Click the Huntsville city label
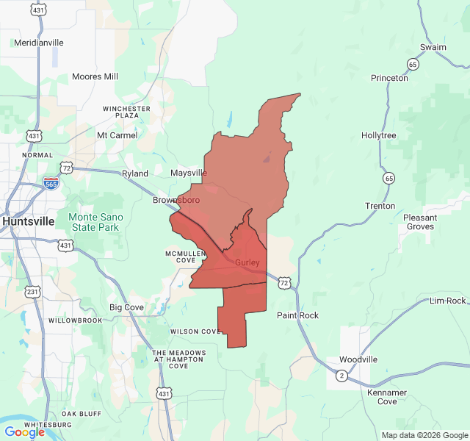click(x=29, y=220)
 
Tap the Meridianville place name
click(x=39, y=43)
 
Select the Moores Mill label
click(x=95, y=76)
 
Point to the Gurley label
click(x=247, y=262)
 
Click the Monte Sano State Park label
click(x=93, y=222)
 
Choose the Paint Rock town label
click(x=297, y=315)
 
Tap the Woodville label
click(x=358, y=359)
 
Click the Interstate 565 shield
click(x=51, y=184)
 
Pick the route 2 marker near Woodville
click(x=341, y=376)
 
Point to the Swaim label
click(x=433, y=47)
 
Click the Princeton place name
click(x=389, y=78)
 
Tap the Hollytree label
click(x=379, y=136)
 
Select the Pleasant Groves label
click(x=421, y=222)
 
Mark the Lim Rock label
click(x=447, y=301)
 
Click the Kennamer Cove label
click(x=387, y=397)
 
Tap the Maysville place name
click(x=189, y=173)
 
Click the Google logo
click(x=24, y=432)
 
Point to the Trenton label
click(x=380, y=206)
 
